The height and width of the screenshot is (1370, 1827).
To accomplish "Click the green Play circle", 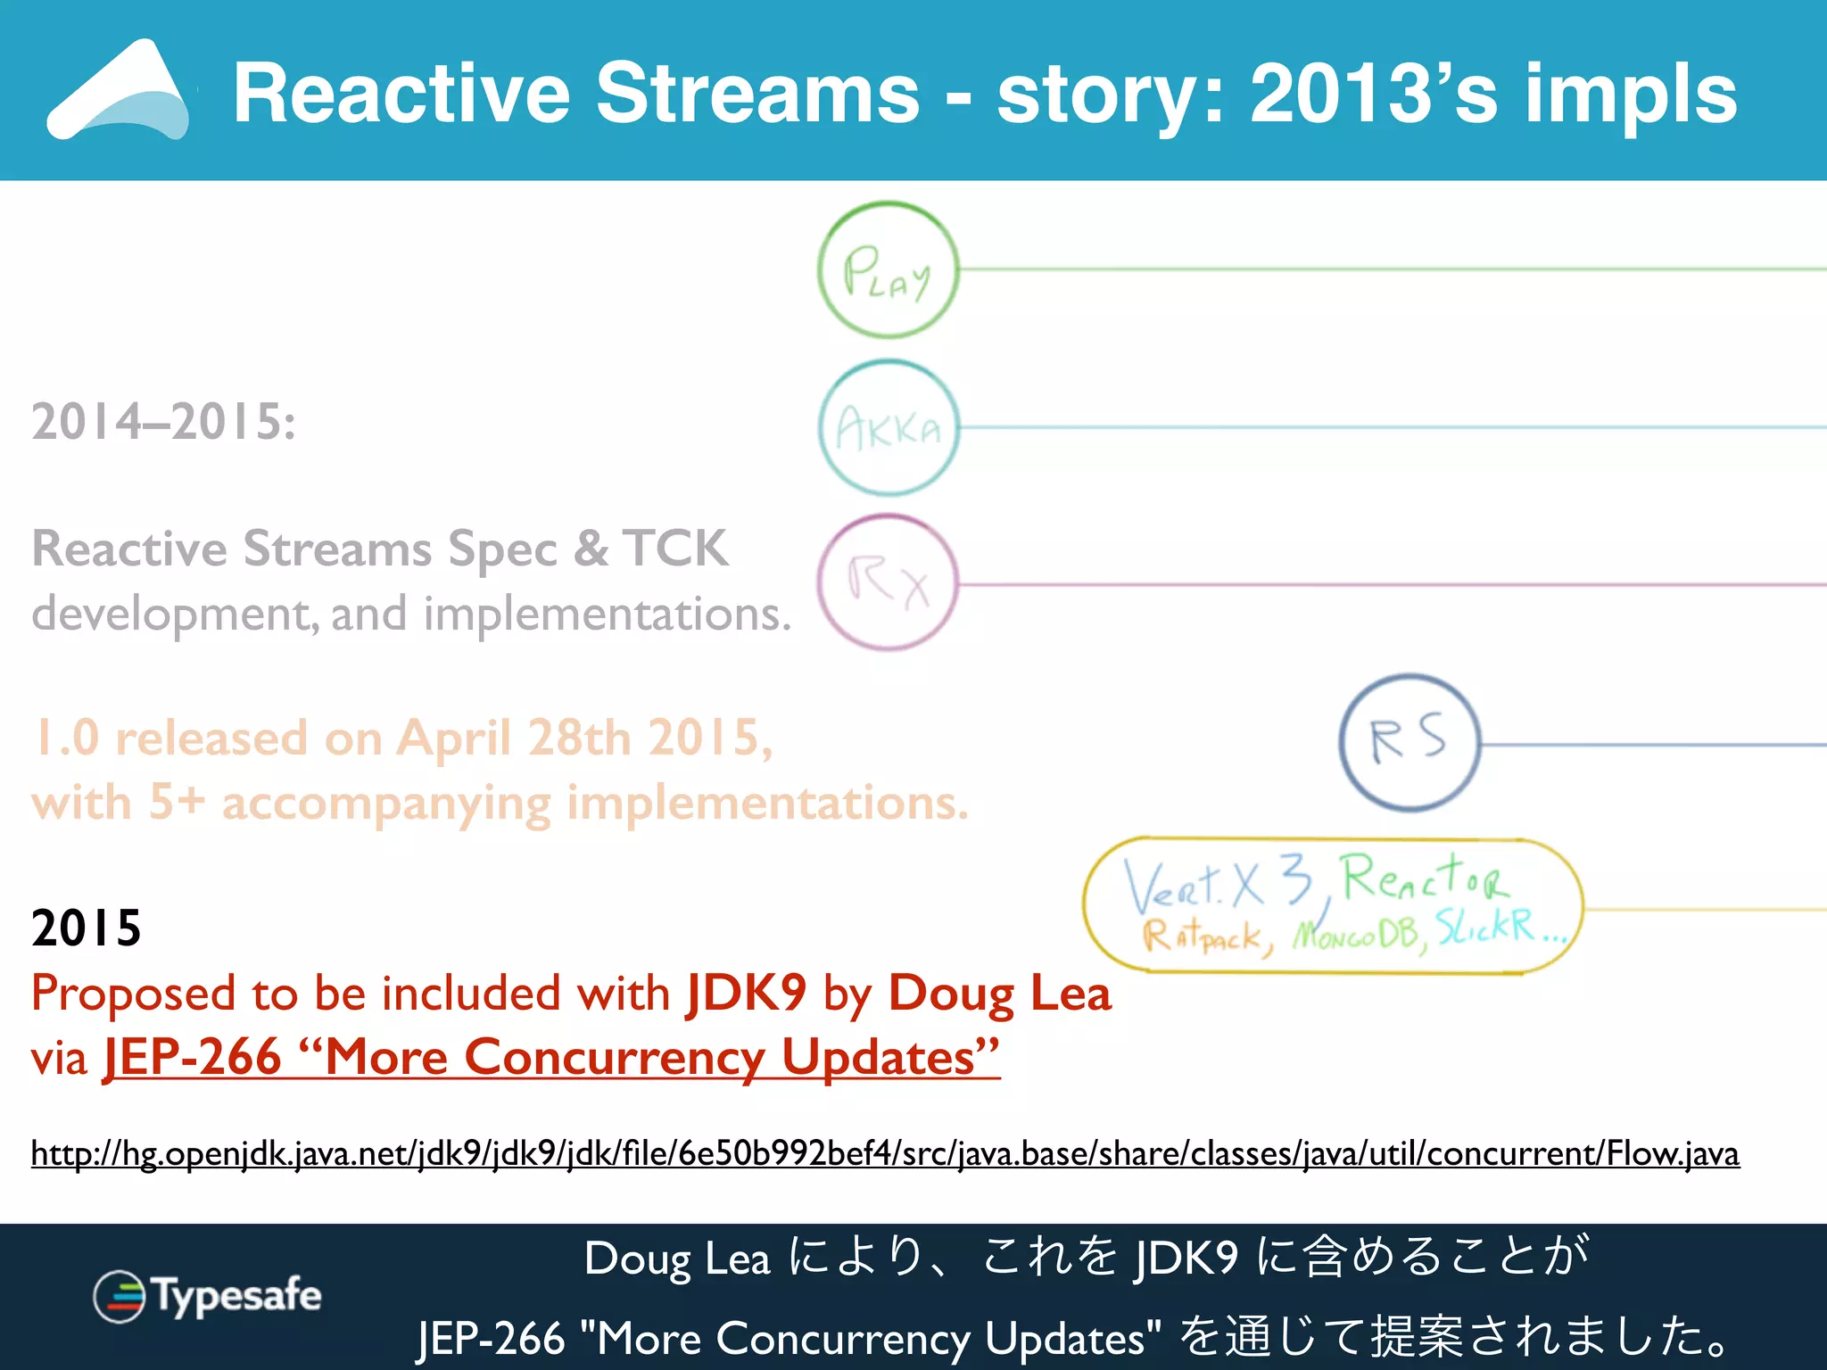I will coord(888,269).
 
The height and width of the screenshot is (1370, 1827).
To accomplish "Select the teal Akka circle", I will coord(889,428).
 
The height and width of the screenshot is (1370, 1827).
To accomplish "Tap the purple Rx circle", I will coord(888,582).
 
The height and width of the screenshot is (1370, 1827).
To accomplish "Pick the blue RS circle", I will coord(1410,742).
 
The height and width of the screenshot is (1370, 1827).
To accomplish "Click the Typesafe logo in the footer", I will coord(207,1296).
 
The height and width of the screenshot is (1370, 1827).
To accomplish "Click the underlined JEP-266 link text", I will coord(551,1058).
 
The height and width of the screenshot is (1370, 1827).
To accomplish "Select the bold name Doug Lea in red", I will coord(999,993).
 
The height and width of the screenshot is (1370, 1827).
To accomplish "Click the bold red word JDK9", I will coord(746,993).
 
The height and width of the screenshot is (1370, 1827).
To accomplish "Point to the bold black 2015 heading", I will coord(86,928).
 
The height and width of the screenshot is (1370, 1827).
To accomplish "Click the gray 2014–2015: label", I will coord(163,421).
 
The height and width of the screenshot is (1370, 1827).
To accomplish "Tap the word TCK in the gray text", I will coord(675,548).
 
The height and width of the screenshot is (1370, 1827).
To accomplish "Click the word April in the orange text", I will coord(454,738).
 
